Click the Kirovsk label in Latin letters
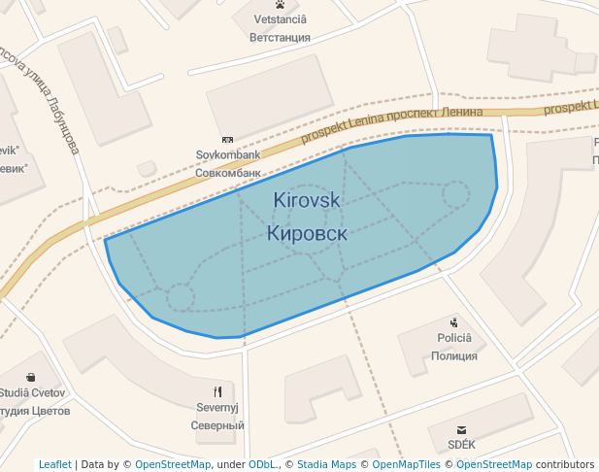[307, 199]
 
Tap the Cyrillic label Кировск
[307, 233]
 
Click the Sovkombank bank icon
[228, 140]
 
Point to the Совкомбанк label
[228, 173]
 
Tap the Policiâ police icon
[453, 322]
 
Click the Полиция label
[453, 356]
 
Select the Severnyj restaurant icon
[217, 392]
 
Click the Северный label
[217, 425]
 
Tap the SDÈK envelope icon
[461, 429]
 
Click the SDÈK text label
[461, 444]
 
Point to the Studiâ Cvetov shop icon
[31, 377]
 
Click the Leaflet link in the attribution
[54, 464]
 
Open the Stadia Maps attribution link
[326, 464]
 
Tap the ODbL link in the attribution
[262, 464]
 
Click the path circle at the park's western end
[180, 297]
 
